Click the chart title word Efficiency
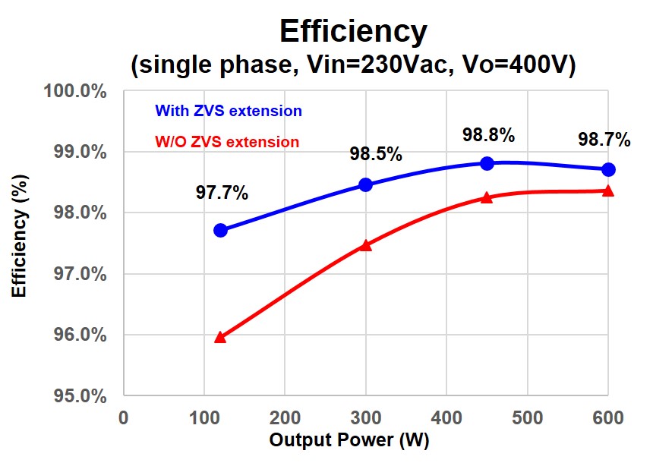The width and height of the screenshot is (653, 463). tap(353, 31)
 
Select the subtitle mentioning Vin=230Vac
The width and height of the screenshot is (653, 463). tap(353, 65)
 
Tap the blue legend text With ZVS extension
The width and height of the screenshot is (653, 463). tap(229, 111)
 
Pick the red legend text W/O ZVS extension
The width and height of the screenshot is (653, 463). tap(227, 142)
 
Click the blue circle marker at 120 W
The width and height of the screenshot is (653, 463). tap(221, 230)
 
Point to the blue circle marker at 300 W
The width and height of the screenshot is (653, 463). tap(365, 184)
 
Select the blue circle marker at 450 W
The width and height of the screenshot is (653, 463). tap(487, 163)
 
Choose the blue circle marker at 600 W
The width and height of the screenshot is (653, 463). tap(607, 169)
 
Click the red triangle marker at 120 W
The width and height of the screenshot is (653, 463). tap(221, 337)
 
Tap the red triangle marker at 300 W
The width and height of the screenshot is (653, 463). tap(365, 245)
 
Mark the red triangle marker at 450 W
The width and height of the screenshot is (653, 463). tap(487, 197)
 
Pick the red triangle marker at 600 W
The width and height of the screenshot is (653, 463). tap(607, 191)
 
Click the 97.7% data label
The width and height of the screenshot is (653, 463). tap(222, 193)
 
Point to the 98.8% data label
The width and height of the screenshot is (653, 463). tap(489, 136)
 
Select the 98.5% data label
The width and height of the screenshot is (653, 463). tap(376, 155)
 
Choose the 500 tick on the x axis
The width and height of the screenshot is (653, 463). tap(526, 418)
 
